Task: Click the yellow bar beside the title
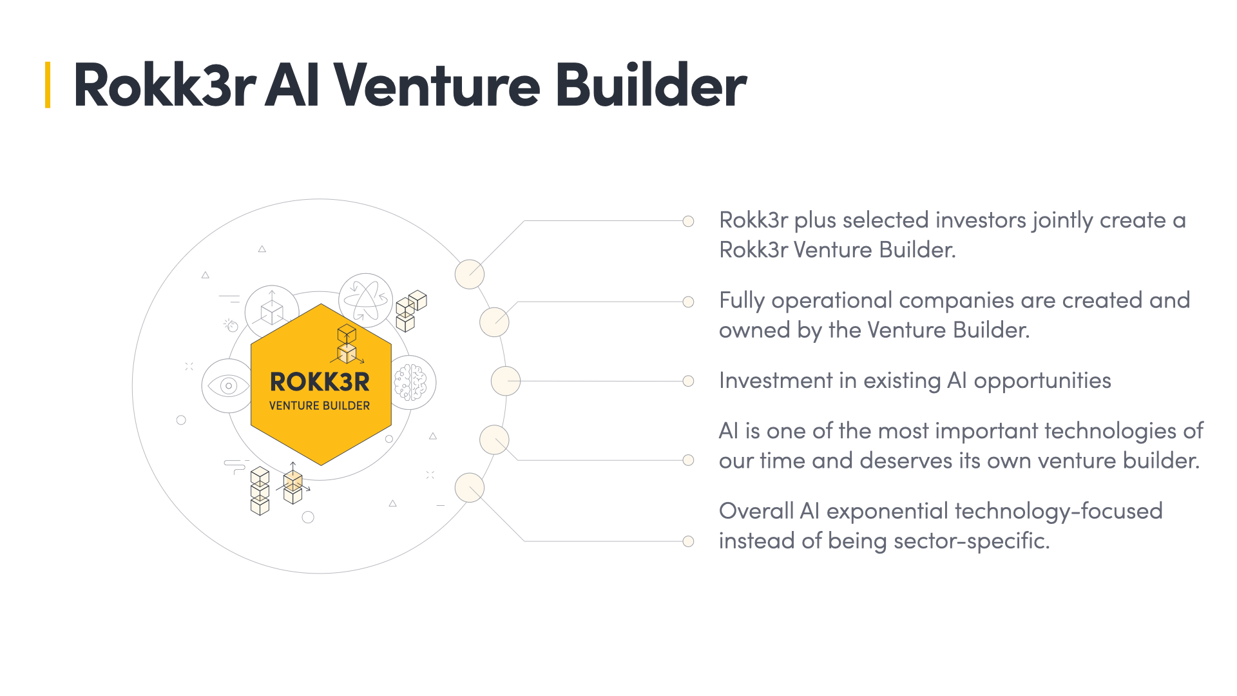pyautogui.click(x=48, y=85)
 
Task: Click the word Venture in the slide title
pyautogui.click(x=436, y=85)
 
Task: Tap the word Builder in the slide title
pyautogui.click(x=651, y=85)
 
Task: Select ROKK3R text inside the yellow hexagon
pyautogui.click(x=320, y=382)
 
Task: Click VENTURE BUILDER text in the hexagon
pyautogui.click(x=320, y=405)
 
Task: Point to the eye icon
pyautogui.click(x=228, y=386)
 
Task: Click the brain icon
pyautogui.click(x=411, y=382)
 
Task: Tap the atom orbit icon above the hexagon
pyautogui.click(x=365, y=300)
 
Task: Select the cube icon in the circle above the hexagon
pyautogui.click(x=272, y=312)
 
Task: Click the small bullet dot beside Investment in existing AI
pyautogui.click(x=688, y=381)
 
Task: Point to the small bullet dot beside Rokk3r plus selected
pyautogui.click(x=688, y=221)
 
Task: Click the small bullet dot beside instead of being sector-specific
pyautogui.click(x=688, y=541)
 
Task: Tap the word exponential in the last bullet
pyautogui.click(x=887, y=511)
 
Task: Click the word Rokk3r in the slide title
pyautogui.click(x=164, y=85)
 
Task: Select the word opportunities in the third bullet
pyautogui.click(x=1042, y=381)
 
